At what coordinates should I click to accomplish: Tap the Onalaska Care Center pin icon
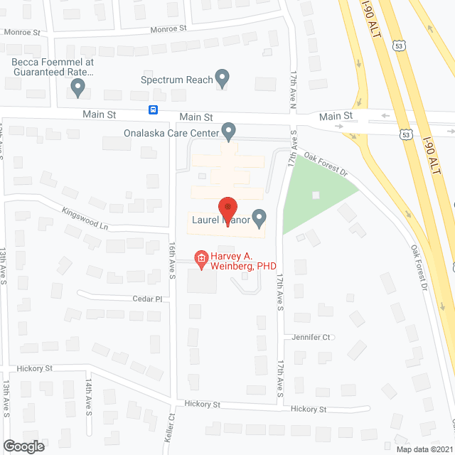point(228,131)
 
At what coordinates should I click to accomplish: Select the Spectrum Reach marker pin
point(223,78)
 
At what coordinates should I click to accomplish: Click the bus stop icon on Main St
point(153,109)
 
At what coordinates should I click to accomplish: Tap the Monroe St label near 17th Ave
point(168,29)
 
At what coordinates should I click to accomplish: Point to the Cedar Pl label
point(148,299)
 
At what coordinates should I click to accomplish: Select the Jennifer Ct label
point(309,337)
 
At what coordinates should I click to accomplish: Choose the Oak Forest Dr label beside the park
point(324,161)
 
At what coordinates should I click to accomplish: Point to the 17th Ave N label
point(293,90)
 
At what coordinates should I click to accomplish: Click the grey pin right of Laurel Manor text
point(259,218)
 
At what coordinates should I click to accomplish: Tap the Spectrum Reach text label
point(177,80)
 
